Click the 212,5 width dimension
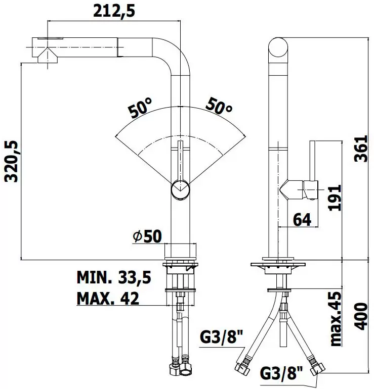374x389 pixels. click(114, 12)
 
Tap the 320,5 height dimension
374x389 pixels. click(12, 161)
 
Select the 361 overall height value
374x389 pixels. click(360, 149)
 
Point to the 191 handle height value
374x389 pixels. click(335, 198)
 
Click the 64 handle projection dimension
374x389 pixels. click(302, 219)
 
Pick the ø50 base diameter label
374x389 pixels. click(147, 236)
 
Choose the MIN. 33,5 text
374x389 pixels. click(114, 277)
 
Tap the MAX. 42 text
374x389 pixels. click(108, 298)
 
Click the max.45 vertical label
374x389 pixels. click(336, 319)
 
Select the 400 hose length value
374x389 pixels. click(360, 316)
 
